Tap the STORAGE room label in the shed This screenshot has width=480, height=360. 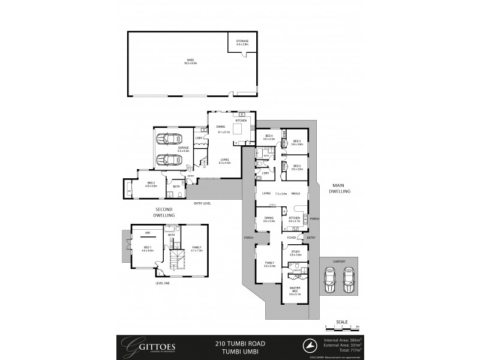tap(242, 42)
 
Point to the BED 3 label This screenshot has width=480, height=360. tap(297, 143)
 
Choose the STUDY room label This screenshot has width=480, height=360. tap(295, 253)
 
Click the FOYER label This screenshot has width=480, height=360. tap(291, 238)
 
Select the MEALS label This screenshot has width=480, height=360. tap(295, 193)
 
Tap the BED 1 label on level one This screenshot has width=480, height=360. tap(148, 248)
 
